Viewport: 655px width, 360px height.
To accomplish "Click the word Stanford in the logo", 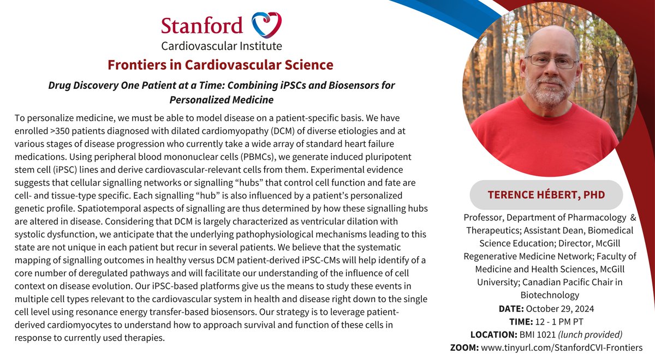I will click(202, 26).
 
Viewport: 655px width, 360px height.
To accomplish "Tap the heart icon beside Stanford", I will click(266, 25).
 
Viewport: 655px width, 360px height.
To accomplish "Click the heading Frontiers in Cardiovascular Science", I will click(221, 65).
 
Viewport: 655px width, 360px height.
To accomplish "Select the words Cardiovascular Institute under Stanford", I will click(221, 45).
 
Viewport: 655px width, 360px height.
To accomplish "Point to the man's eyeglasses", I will click(552, 61).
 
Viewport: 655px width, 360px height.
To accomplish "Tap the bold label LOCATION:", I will click(493, 335).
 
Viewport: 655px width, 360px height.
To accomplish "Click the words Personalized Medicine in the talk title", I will click(221, 100).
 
